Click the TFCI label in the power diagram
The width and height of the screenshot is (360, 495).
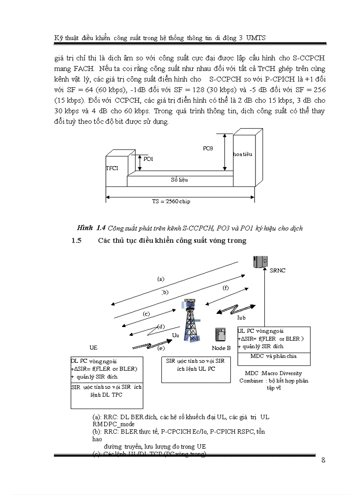click(x=112, y=168)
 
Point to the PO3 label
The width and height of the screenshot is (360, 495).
click(x=208, y=149)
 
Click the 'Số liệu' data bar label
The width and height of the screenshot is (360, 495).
click(x=180, y=180)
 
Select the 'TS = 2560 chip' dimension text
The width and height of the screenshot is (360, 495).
click(x=168, y=201)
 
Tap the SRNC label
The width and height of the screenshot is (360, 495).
click(x=277, y=271)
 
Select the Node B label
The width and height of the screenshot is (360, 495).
click(x=221, y=348)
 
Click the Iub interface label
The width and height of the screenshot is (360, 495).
click(x=241, y=317)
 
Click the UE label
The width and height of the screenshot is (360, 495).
click(x=93, y=348)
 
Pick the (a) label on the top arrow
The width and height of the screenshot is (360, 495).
click(x=161, y=279)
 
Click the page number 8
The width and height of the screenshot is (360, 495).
click(x=323, y=460)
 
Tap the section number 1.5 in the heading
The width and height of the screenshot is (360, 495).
click(x=77, y=241)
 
